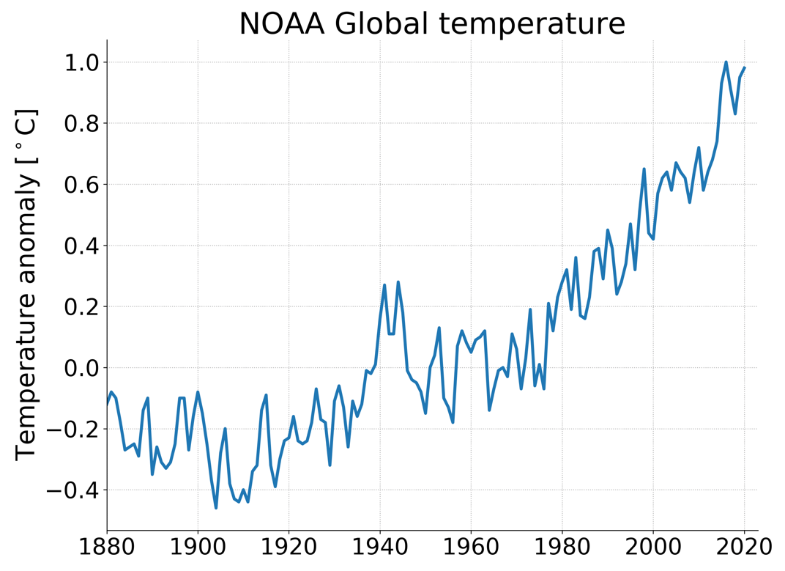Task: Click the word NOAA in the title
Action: pyautogui.click(x=283, y=23)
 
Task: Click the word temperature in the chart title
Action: pyautogui.click(x=532, y=23)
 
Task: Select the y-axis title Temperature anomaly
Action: pyautogui.click(x=26, y=284)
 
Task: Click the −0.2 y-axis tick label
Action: pyautogui.click(x=73, y=429)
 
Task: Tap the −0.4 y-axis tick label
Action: pyautogui.click(x=73, y=490)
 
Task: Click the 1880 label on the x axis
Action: pyautogui.click(x=107, y=548)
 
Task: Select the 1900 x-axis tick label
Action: pyautogui.click(x=198, y=548)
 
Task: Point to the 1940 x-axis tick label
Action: pyautogui.click(x=380, y=548)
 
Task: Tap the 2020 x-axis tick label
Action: pyautogui.click(x=745, y=548)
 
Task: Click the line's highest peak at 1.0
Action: pyautogui.click(x=726, y=62)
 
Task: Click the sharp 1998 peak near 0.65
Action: pyautogui.click(x=644, y=169)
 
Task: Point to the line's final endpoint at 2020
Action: pyautogui.click(x=745, y=68)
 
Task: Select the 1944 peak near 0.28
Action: pyautogui.click(x=398, y=282)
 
